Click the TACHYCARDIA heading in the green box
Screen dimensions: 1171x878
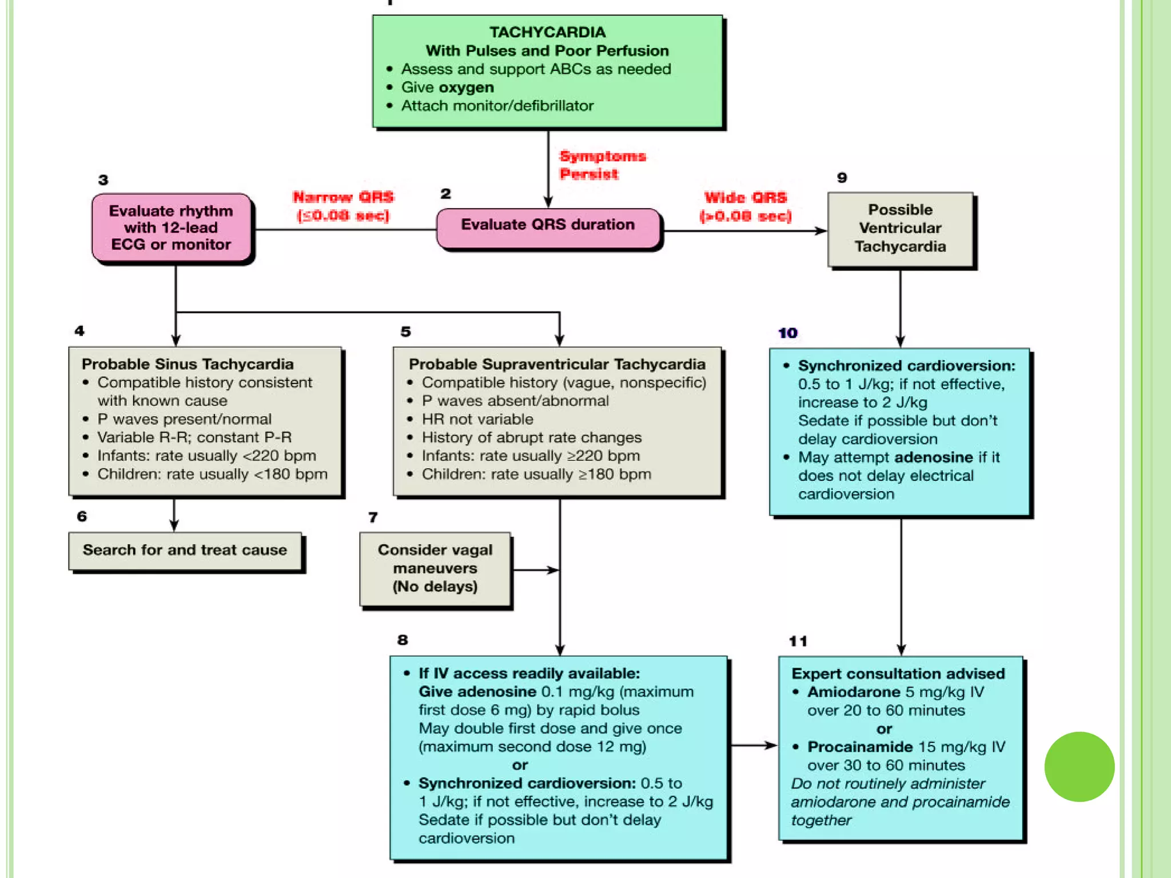coord(547,32)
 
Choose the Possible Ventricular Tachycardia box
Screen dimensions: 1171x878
coord(900,229)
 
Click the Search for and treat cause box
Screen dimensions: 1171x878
coord(185,550)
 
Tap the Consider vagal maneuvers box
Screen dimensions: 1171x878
coord(435,569)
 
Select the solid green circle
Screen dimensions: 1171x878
coord(1079,766)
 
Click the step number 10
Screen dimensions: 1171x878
coord(787,333)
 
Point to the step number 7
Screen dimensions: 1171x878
coord(373,517)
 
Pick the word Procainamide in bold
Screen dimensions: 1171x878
coord(859,747)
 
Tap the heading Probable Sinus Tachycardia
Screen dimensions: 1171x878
coord(188,364)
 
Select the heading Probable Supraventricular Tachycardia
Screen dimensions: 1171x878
coord(557,364)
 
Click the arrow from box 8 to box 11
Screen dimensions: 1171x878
coord(754,745)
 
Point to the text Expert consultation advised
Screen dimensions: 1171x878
coord(898,674)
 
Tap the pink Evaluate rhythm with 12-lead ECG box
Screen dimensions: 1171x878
coord(172,228)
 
